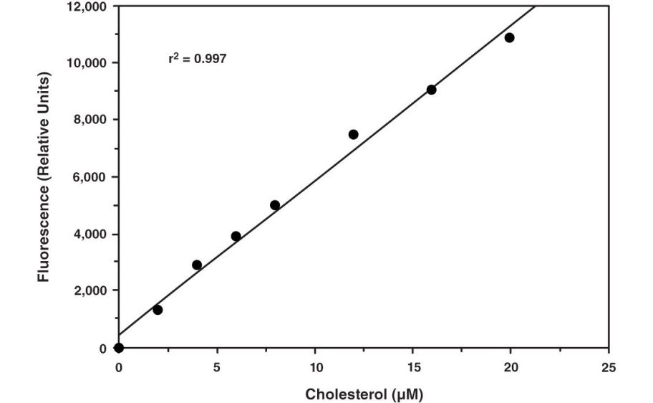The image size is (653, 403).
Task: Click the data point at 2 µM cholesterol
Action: pyautogui.click(x=158, y=310)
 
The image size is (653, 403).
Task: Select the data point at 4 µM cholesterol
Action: pyautogui.click(x=197, y=265)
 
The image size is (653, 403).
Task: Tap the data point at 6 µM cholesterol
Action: pyautogui.click(x=236, y=236)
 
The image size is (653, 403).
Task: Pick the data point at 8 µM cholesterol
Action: pyautogui.click(x=275, y=205)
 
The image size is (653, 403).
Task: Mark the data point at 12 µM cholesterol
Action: pyautogui.click(x=353, y=134)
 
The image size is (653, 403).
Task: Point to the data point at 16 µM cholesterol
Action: pyautogui.click(x=431, y=90)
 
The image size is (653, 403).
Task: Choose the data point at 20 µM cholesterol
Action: pyautogui.click(x=509, y=37)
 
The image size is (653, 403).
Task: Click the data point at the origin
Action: pyautogui.click(x=119, y=348)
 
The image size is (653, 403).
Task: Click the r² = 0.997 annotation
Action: pyautogui.click(x=197, y=59)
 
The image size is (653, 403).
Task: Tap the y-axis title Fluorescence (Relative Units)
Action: pyautogui.click(x=45, y=176)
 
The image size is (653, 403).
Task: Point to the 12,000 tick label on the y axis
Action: pyautogui.click(x=87, y=6)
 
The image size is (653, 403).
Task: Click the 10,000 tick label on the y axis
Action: pyautogui.click(x=87, y=63)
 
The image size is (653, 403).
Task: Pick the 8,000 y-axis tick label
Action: pyautogui.click(x=90, y=120)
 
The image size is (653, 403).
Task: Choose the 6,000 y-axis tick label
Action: pyautogui.click(x=90, y=177)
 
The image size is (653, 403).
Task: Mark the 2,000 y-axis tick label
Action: pyautogui.click(x=90, y=291)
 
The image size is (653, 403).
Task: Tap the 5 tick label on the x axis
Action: pyautogui.click(x=217, y=367)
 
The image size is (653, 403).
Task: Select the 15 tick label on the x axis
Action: pyautogui.click(x=412, y=367)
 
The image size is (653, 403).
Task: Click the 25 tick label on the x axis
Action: pyautogui.click(x=608, y=367)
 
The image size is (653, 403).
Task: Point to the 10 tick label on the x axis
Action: pyautogui.click(x=314, y=367)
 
